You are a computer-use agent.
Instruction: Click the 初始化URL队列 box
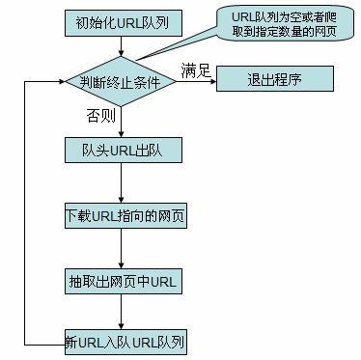(x=121, y=20)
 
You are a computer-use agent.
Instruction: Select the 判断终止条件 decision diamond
(x=121, y=82)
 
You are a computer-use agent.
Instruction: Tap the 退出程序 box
(x=274, y=79)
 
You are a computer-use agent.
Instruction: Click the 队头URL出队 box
(x=121, y=151)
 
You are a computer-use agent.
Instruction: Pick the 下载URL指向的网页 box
(x=122, y=216)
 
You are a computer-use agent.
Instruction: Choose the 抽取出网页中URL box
(x=122, y=282)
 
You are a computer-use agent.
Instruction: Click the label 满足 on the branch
(x=196, y=69)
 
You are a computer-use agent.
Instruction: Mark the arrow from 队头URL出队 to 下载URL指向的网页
(x=121, y=183)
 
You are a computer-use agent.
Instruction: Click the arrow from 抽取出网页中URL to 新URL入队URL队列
(x=121, y=313)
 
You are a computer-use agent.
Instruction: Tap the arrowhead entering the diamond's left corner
(x=60, y=82)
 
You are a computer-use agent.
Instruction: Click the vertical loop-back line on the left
(x=35, y=212)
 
